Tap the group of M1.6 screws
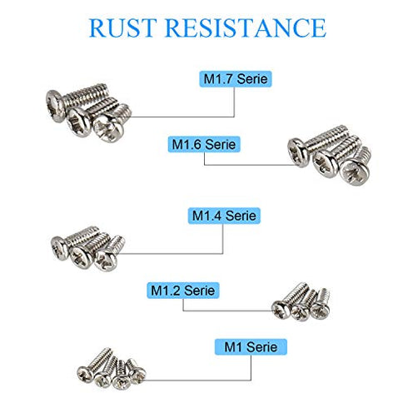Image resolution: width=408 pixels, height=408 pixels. click(x=329, y=152)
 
